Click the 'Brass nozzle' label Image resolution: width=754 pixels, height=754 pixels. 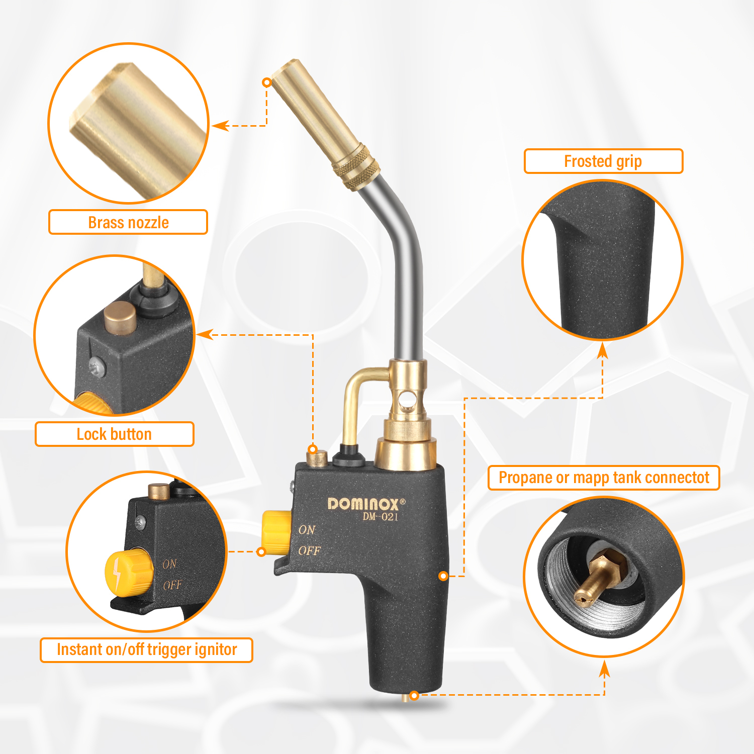click(128, 222)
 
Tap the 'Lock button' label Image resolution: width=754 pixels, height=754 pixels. click(114, 434)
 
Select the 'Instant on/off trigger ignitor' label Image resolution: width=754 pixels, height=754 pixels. click(146, 650)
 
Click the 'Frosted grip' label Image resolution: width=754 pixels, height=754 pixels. click(603, 161)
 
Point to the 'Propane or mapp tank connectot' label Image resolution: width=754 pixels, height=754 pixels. click(604, 478)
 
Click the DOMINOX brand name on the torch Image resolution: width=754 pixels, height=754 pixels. click(363, 504)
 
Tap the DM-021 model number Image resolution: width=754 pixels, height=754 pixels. click(381, 517)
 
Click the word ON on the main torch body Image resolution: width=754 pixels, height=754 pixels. click(307, 530)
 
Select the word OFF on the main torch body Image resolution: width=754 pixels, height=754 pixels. click(309, 551)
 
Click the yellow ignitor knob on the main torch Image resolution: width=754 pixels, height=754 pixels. click(276, 531)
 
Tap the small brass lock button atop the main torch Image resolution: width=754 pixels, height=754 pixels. click(317, 459)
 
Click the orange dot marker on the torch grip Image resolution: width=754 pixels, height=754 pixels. click(443, 576)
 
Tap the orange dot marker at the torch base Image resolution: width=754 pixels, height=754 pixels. click(414, 696)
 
